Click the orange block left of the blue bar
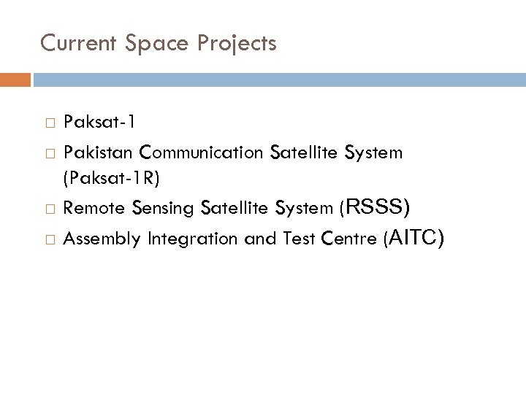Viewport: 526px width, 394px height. click(15, 78)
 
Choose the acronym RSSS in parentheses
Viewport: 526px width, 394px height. click(377, 208)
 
